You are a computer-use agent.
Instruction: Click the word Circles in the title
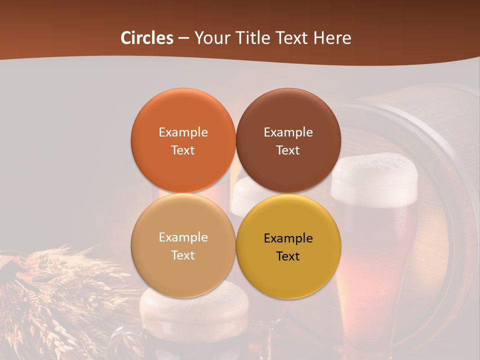pyautogui.click(x=146, y=38)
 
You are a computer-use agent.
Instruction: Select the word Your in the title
pyautogui.click(x=211, y=38)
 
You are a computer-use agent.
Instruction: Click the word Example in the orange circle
pyautogui.click(x=183, y=132)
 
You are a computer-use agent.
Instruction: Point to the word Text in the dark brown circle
pyautogui.click(x=288, y=150)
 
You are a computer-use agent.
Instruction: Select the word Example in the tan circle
pyautogui.click(x=183, y=237)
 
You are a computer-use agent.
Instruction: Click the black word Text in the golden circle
pyautogui.click(x=288, y=256)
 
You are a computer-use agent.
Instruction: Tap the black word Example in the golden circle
pyautogui.click(x=288, y=238)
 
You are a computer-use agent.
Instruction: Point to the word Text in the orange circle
pyautogui.click(x=183, y=150)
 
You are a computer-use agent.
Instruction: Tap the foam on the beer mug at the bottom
pyautogui.click(x=194, y=305)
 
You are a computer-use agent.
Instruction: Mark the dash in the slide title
pyautogui.click(x=183, y=38)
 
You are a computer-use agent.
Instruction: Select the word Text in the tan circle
pyautogui.click(x=183, y=255)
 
